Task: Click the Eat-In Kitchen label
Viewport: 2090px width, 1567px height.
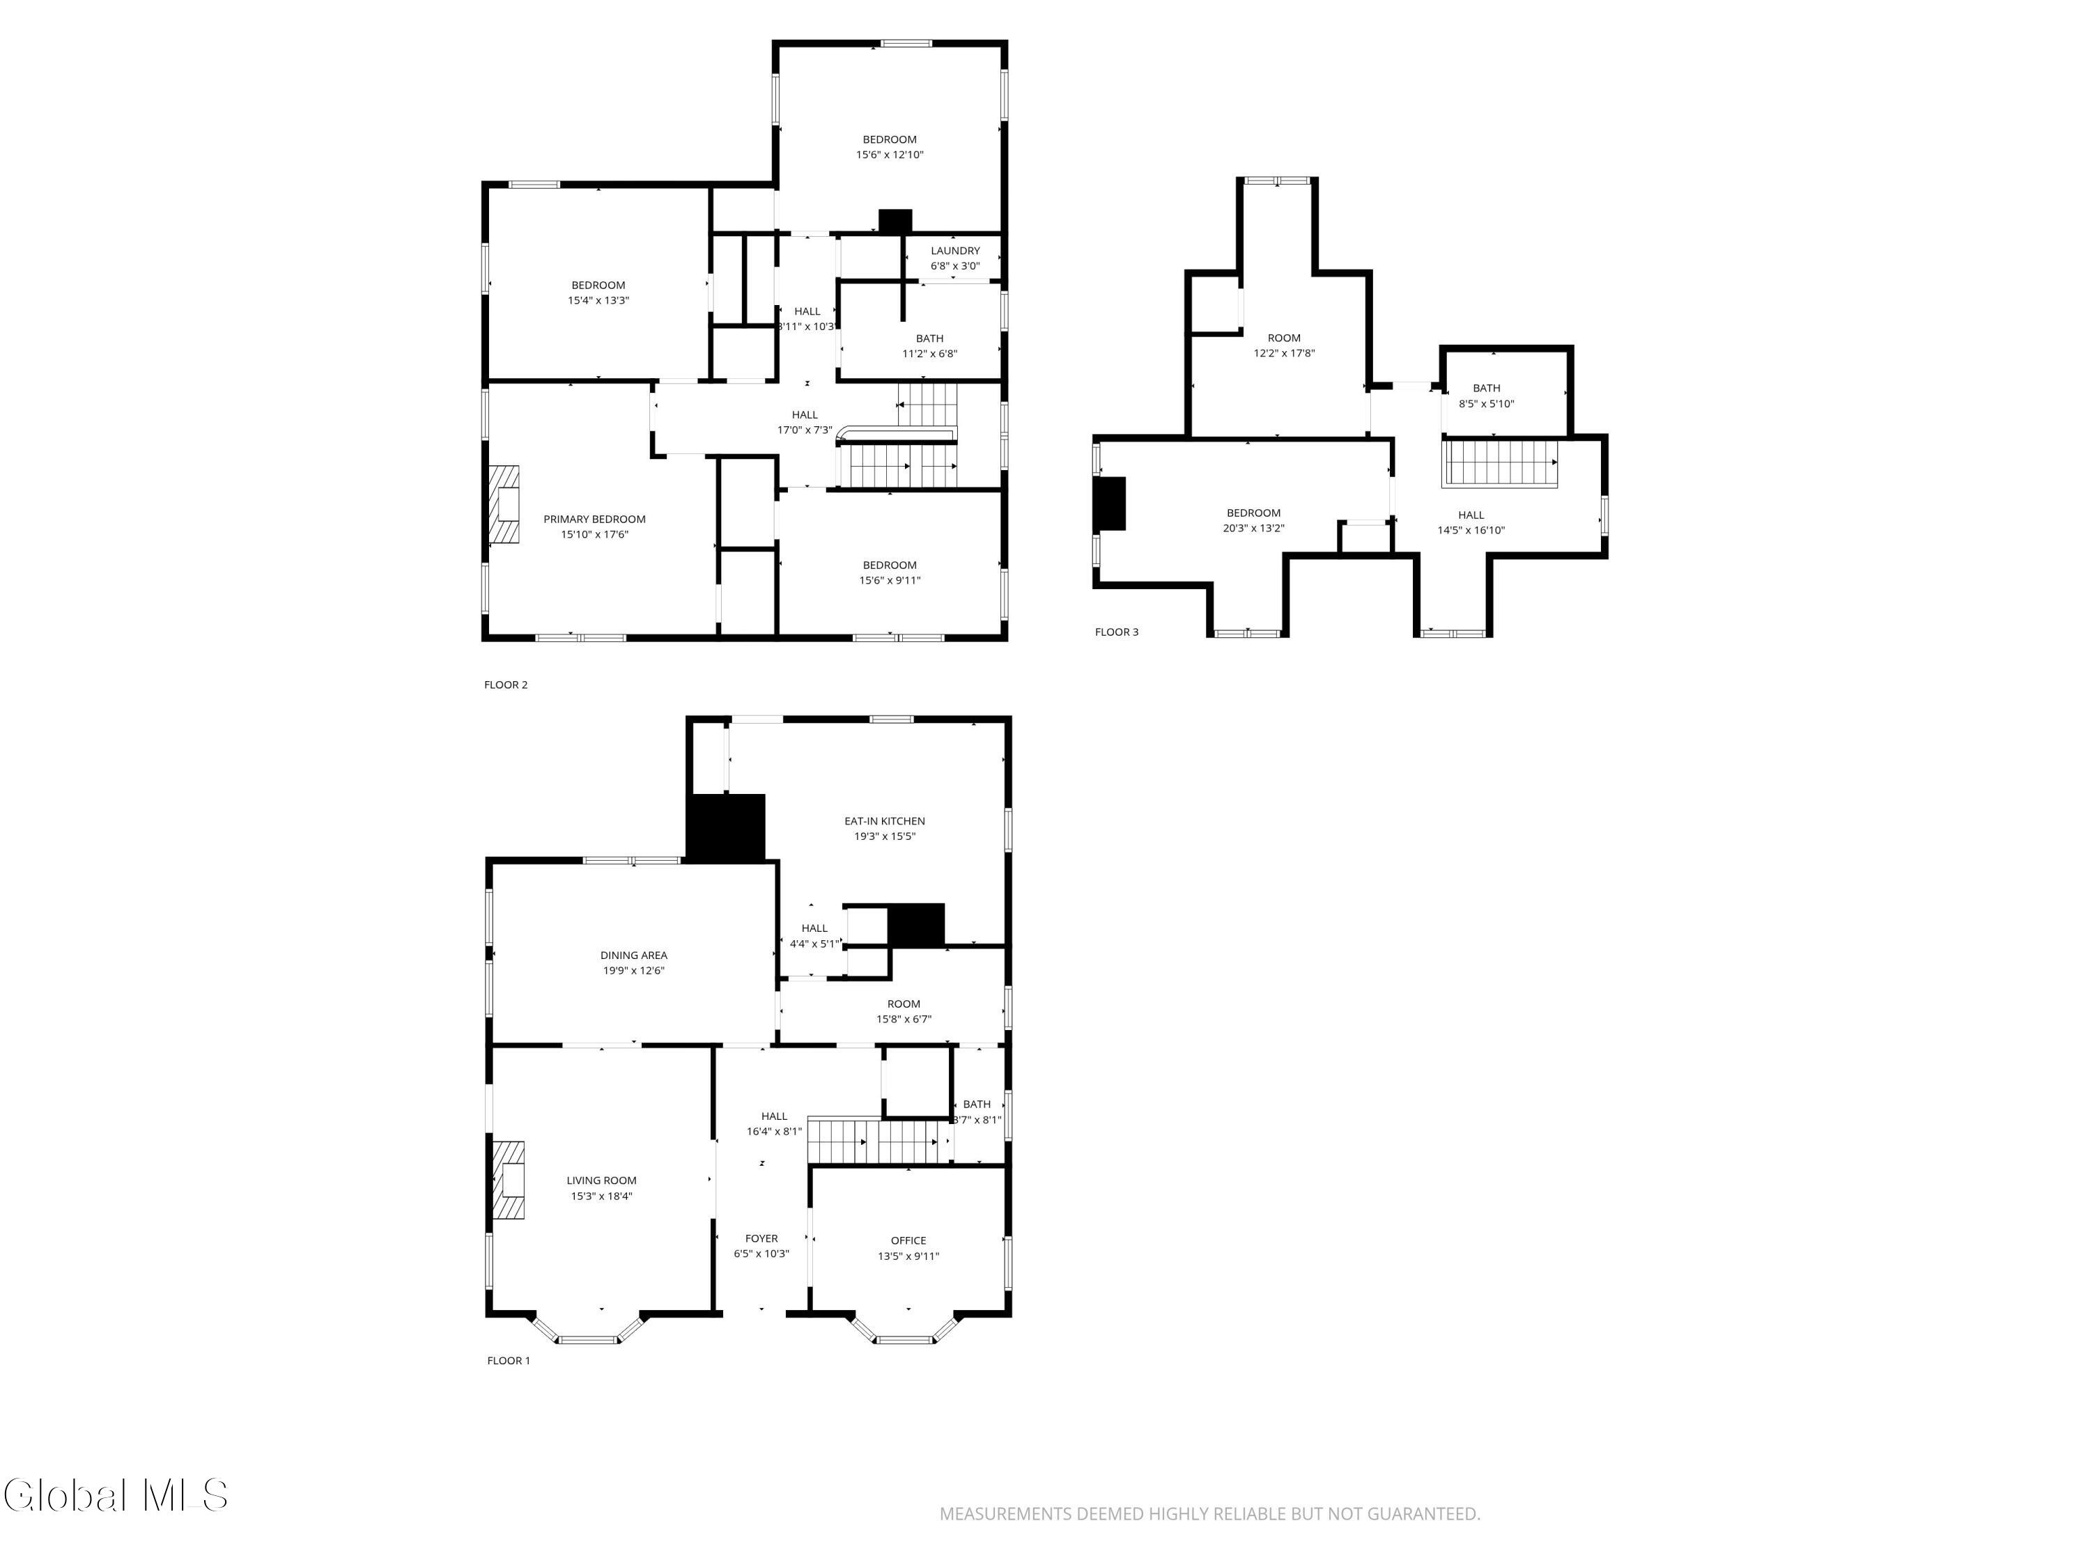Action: click(884, 821)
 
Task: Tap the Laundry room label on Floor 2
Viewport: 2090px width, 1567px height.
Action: click(954, 250)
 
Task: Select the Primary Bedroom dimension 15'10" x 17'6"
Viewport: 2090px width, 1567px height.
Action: click(594, 535)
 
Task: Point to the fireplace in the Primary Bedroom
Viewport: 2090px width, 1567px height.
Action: click(504, 504)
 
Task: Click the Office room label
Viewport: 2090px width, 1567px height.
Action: click(908, 1240)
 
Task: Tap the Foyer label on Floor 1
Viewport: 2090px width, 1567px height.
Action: click(761, 1238)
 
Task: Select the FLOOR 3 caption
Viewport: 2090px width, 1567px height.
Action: click(1116, 632)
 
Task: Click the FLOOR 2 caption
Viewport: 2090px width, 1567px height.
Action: click(506, 685)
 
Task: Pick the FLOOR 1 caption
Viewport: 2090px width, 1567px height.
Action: click(509, 1360)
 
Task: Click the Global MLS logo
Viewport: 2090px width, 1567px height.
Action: click(115, 1495)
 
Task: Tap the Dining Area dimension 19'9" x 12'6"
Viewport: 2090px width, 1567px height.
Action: click(634, 970)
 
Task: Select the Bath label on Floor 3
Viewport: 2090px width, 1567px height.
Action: click(1485, 388)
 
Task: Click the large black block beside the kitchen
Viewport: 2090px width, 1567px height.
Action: click(725, 827)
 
